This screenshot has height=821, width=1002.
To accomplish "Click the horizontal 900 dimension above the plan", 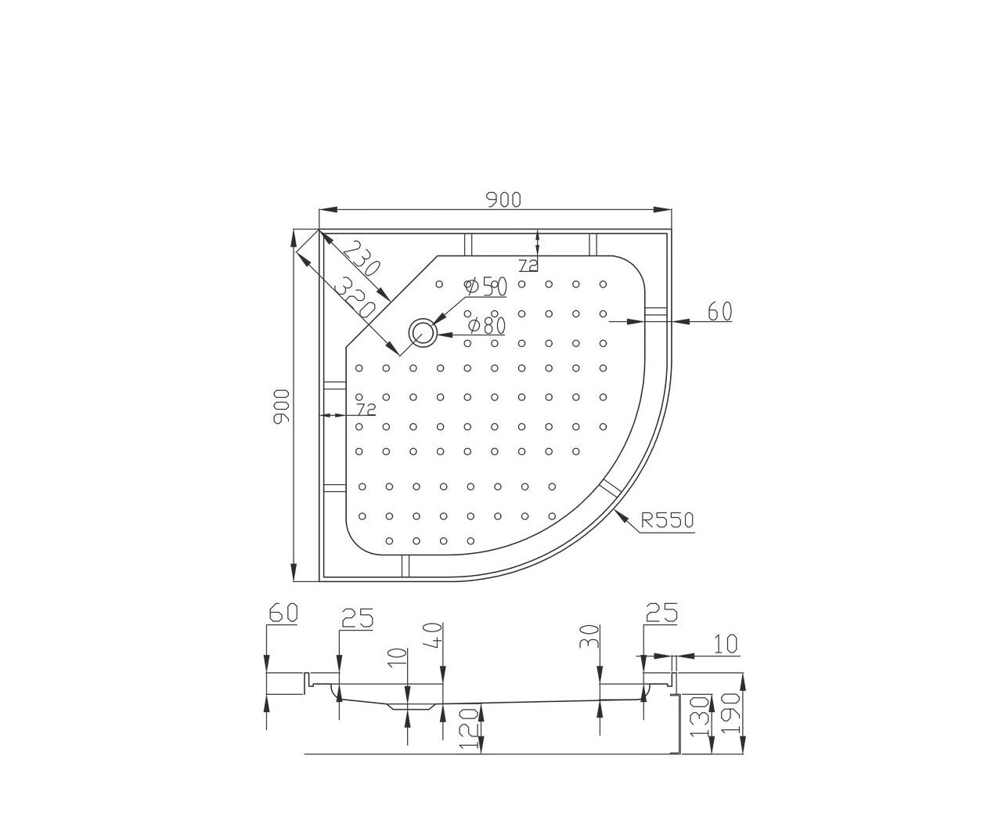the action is tap(503, 200).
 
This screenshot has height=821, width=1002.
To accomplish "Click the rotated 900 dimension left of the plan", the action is tap(282, 407).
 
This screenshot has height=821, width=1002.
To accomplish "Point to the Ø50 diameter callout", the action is tap(486, 287).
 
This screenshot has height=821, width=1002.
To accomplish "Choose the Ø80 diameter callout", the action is tap(486, 325).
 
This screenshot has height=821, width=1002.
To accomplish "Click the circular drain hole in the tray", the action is tap(423, 331).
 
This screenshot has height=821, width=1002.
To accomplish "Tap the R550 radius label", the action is tap(667, 520).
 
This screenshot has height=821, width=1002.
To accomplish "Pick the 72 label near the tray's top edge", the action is tap(528, 266).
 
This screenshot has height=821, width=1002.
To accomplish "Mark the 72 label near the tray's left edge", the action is tap(366, 408).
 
